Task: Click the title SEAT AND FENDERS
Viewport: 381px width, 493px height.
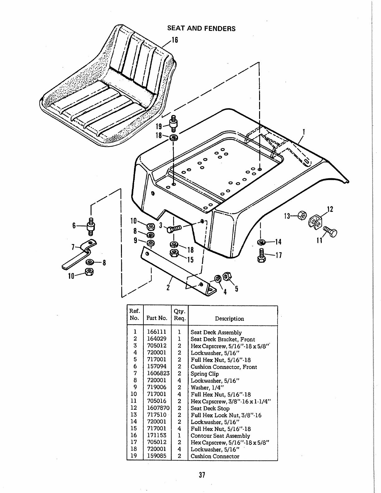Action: pos(201,28)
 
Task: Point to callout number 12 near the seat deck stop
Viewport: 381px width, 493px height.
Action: pos(330,209)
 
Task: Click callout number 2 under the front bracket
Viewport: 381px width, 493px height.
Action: pos(168,287)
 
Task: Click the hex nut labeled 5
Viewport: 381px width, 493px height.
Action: pos(228,276)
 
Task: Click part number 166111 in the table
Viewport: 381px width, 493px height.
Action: pos(157,332)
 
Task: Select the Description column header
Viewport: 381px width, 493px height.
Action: pos(229,318)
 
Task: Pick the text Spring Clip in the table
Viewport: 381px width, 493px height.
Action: pos(205,374)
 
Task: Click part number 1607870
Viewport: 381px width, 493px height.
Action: pos(158,408)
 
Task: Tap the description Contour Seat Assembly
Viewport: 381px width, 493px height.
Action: pos(220,436)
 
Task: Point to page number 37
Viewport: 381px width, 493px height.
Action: pos(201,475)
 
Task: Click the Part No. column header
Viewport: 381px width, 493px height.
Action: pos(157,318)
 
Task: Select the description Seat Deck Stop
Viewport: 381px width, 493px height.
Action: pos(210,408)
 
